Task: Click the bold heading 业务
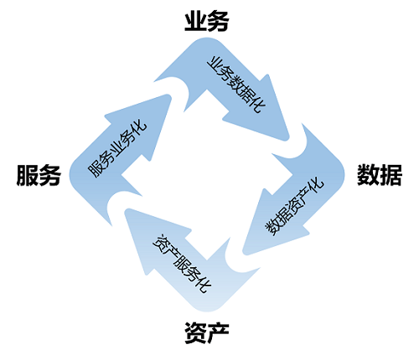[x=207, y=21]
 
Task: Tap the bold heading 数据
[x=380, y=175]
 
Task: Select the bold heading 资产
[x=207, y=332]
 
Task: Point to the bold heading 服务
[x=39, y=175]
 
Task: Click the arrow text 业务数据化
[x=236, y=85]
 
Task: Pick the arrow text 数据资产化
[x=294, y=206]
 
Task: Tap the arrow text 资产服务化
[x=182, y=264]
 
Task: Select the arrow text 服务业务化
[x=117, y=148]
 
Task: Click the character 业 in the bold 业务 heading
[x=195, y=21]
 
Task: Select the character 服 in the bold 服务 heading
[x=28, y=175]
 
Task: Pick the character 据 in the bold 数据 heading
[x=391, y=175]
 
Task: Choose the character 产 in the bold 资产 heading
[x=218, y=332]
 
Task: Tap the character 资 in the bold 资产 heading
[x=195, y=332]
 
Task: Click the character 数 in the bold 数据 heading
[x=368, y=175]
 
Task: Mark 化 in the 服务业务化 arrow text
[x=139, y=126]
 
